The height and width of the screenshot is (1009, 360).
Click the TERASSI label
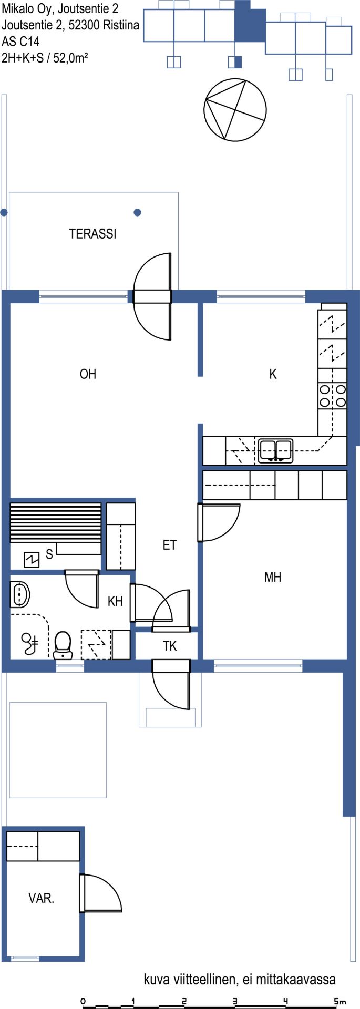[x=92, y=234]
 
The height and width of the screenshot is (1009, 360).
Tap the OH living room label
[x=88, y=374]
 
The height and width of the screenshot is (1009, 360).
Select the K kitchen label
[x=273, y=374]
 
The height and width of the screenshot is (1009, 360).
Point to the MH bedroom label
[x=273, y=578]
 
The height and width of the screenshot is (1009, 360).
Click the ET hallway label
[x=169, y=545]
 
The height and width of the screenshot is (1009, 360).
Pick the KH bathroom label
[x=115, y=601]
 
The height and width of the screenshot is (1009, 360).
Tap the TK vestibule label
[x=170, y=646]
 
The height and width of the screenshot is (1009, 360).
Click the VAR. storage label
[x=42, y=898]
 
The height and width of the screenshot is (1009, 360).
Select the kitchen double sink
[x=276, y=451]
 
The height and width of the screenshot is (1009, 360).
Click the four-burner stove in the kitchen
[x=333, y=396]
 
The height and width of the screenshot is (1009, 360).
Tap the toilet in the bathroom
[x=63, y=645]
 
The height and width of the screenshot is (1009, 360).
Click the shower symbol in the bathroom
[x=29, y=643]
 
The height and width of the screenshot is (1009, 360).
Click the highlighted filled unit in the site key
[x=250, y=21]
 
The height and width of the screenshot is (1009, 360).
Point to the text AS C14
[x=20, y=41]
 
